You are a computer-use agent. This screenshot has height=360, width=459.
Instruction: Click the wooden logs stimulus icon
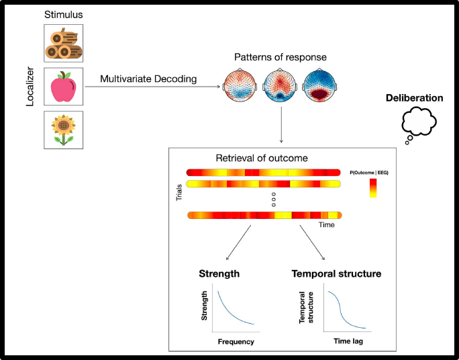[64, 44]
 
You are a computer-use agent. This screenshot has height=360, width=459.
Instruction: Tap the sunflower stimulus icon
[64, 129]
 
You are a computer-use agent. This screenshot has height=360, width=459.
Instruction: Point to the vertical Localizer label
[30, 86]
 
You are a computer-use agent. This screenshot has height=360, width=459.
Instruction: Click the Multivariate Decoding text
[148, 79]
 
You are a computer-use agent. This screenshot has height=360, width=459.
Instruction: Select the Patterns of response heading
[280, 57]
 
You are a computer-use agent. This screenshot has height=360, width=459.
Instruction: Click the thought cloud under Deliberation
[419, 124]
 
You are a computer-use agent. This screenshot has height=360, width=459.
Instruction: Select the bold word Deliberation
[414, 98]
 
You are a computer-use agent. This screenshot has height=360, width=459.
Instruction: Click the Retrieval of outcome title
[262, 159]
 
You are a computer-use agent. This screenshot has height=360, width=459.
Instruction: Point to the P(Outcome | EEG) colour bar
[373, 189]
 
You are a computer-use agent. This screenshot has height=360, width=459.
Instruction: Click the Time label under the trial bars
[326, 225]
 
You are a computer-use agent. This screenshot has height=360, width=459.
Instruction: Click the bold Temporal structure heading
[336, 273]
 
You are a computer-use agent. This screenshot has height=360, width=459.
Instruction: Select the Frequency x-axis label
[236, 342]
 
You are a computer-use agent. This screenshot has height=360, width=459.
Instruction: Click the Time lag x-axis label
[349, 342]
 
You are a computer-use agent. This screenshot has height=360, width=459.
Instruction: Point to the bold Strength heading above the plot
[219, 273]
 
